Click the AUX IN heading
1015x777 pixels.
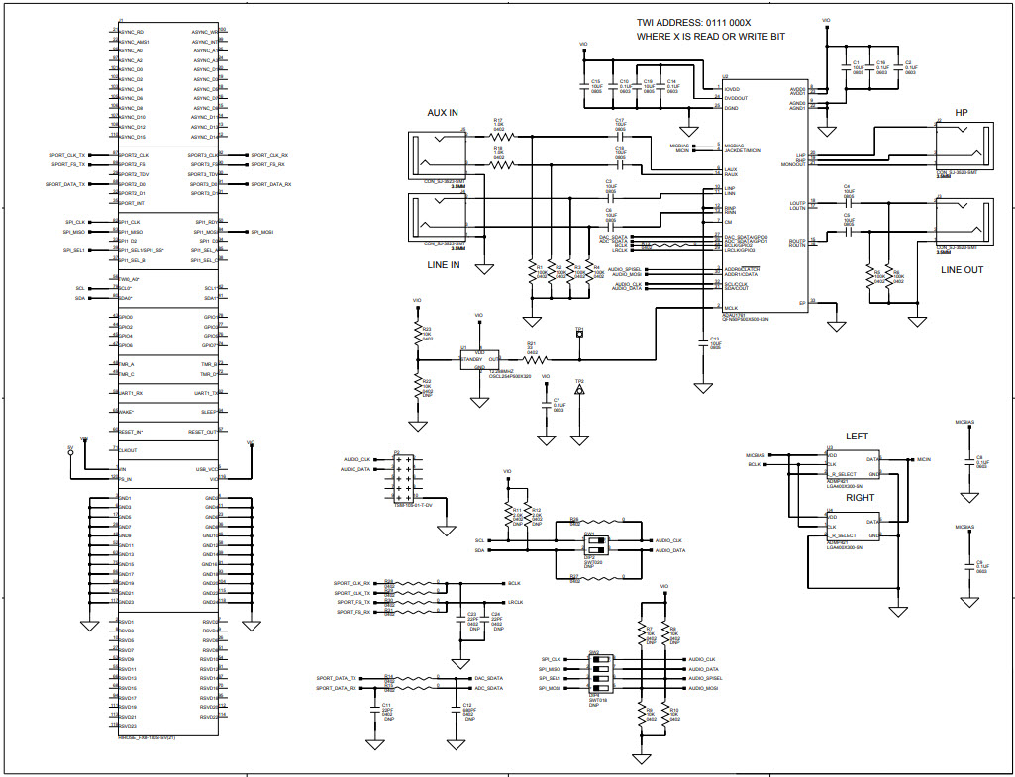point(442,113)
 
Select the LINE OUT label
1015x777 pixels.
point(962,269)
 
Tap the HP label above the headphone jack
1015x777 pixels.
point(961,113)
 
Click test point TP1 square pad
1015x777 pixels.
point(580,334)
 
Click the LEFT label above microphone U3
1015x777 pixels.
point(856,436)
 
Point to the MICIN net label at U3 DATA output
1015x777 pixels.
point(923,460)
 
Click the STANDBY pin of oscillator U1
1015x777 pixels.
point(471,359)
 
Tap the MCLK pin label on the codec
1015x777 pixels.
point(731,309)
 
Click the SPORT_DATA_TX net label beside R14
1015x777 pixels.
point(336,678)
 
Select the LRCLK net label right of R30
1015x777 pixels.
point(514,602)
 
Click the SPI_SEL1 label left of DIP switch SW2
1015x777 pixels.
point(551,678)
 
